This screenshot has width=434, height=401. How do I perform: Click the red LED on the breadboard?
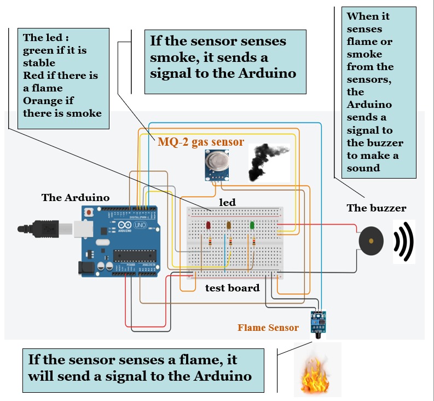[208, 225]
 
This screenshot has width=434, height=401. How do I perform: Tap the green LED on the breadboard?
[252, 225]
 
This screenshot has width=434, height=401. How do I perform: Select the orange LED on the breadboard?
[229, 225]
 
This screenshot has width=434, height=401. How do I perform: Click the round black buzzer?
[371, 241]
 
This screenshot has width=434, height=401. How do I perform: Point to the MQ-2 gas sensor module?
[217, 165]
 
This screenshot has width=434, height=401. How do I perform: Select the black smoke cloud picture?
[268, 162]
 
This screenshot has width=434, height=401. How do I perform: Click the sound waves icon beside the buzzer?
[404, 242]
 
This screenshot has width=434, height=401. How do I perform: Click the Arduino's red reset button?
[89, 213]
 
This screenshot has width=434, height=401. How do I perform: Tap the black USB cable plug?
[38, 229]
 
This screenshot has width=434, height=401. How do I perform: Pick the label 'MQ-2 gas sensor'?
[201, 142]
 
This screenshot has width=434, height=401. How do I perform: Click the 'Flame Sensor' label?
[268, 328]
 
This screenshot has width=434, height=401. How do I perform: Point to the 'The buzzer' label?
[377, 208]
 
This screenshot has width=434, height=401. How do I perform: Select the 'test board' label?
[233, 288]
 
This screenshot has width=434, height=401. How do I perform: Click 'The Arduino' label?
[76, 198]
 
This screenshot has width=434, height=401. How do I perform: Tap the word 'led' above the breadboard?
[228, 202]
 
